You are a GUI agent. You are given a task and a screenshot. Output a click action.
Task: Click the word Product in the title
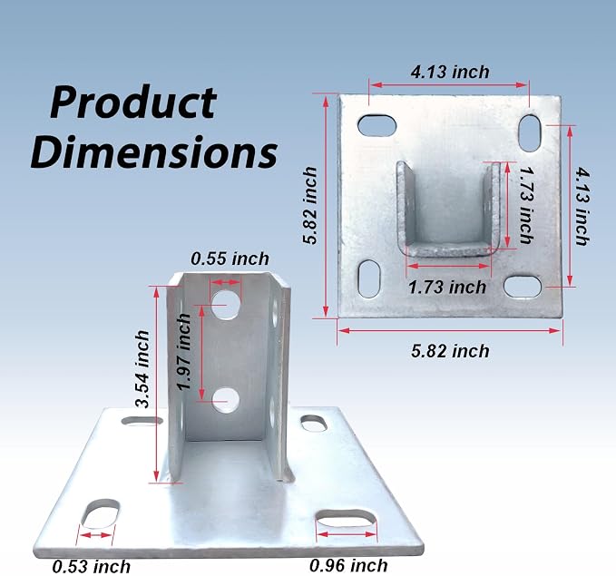pos(133,103)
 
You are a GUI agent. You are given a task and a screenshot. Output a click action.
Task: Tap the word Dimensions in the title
pos(154,151)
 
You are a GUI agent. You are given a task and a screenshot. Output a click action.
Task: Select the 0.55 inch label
pos(230,259)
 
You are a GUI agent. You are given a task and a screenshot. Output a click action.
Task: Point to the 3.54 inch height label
pos(142,368)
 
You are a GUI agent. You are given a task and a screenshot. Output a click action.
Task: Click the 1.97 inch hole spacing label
pos(184,352)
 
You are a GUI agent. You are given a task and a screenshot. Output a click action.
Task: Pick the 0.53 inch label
pos(91,567)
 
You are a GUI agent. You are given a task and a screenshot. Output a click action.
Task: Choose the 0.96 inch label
pos(348,565)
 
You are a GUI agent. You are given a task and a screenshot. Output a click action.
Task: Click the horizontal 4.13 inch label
pos(450,72)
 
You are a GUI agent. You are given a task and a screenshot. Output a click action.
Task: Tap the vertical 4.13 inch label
pos(582,206)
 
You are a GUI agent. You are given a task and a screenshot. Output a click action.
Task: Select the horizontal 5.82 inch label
pos(450,351)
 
